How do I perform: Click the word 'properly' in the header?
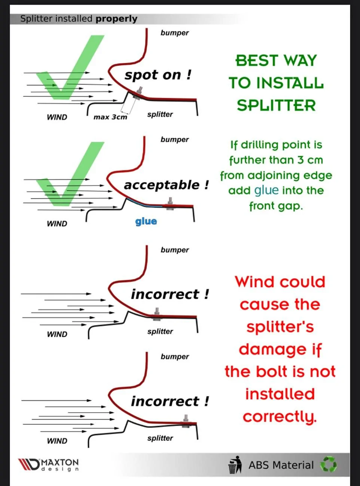point(116,19)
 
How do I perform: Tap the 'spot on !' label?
point(158,75)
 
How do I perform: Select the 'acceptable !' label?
point(166,185)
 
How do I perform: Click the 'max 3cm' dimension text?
point(110,117)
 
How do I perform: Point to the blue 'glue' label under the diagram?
point(146,222)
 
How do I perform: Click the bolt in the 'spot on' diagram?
point(138,94)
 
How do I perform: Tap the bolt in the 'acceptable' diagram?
point(170,204)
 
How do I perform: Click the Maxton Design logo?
point(49,464)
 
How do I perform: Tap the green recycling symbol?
point(329,464)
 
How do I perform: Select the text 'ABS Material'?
point(281,465)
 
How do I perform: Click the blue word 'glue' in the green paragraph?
point(266,190)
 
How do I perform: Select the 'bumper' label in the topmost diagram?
point(175,33)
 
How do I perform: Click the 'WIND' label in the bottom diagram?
point(57,441)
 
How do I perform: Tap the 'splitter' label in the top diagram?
point(160,114)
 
